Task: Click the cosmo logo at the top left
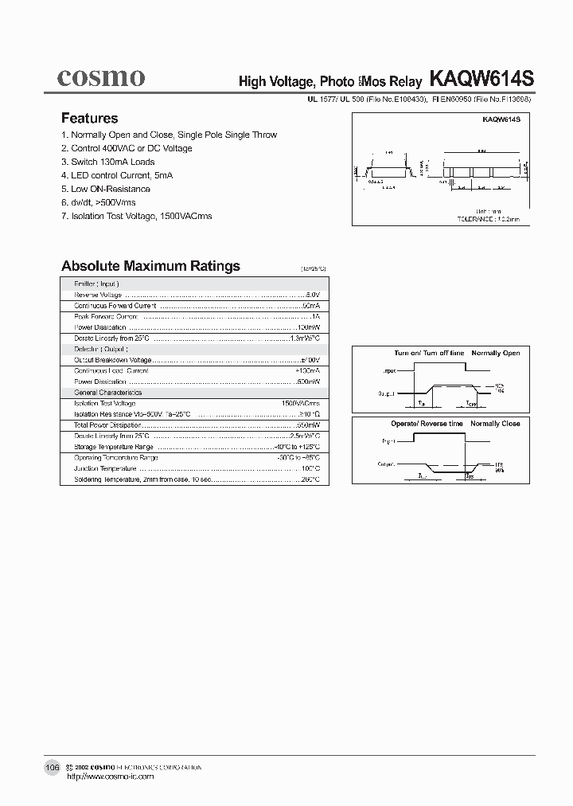point(100,76)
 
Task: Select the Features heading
point(89,118)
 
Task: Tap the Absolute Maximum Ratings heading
point(150,266)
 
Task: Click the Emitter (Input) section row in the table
point(96,284)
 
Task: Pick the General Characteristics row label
point(108,393)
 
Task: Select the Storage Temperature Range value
point(297,447)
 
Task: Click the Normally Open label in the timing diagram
point(495,353)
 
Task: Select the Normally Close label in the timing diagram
point(495,424)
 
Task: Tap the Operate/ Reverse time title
point(427,424)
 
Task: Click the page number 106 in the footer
point(52,766)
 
